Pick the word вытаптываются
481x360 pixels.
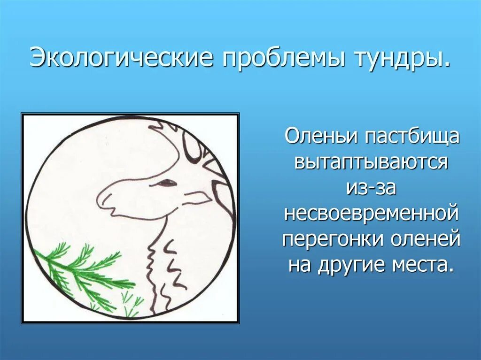click(371, 162)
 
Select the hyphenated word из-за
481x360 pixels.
click(371, 188)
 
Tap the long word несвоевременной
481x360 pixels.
click(371, 214)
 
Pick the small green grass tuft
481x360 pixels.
click(132, 303)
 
